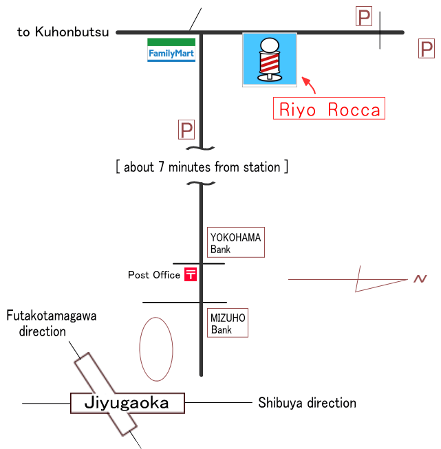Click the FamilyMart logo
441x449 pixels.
(x=171, y=50)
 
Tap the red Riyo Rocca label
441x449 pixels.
(x=329, y=109)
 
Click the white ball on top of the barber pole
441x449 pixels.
(x=269, y=47)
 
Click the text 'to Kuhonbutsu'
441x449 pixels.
(x=63, y=32)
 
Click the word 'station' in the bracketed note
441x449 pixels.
(x=262, y=167)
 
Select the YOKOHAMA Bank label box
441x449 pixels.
(x=235, y=243)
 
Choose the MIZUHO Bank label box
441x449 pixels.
(x=227, y=323)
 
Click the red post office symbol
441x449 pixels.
(x=190, y=275)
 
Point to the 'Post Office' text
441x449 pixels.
(x=153, y=275)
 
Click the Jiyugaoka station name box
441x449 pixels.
(x=127, y=403)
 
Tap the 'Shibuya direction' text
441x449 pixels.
(x=307, y=403)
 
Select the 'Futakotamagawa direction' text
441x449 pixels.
(x=52, y=323)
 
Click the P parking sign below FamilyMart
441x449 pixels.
(x=186, y=129)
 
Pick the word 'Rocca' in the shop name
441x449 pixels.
(x=354, y=109)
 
